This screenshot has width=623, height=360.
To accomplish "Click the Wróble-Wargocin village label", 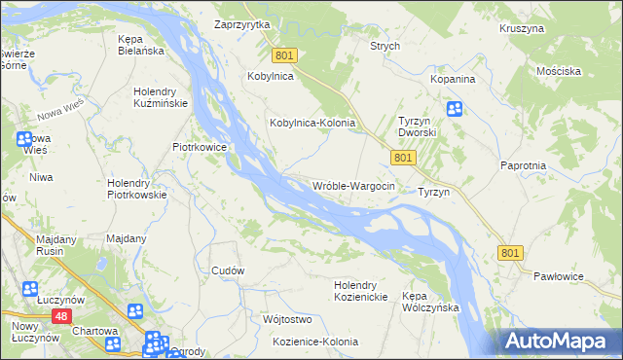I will tap(353, 186).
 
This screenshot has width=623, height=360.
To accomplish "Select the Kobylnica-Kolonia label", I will tap(312, 124).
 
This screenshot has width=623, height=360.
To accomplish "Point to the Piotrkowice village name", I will tap(199, 147).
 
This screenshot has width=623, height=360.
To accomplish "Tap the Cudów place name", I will tap(227, 270).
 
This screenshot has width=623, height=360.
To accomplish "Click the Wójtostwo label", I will tap(286, 319).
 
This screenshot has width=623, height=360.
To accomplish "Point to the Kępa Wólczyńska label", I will tap(430, 301).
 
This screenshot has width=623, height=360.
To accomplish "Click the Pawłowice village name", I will tap(558, 276).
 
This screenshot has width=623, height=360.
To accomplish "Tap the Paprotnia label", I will tap(524, 166).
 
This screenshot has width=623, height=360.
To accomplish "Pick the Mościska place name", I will tap(559, 71).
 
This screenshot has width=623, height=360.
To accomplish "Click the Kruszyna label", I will tap(521, 29).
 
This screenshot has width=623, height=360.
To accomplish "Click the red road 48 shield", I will tap(61, 316).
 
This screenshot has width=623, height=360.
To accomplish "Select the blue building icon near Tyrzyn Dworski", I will tap(455, 110).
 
